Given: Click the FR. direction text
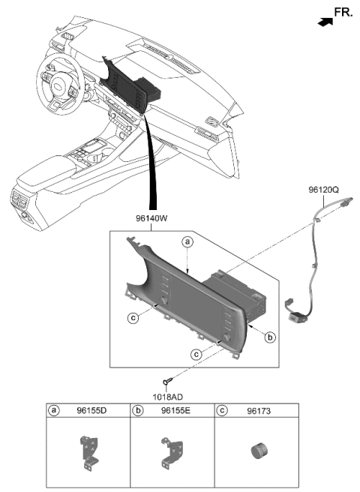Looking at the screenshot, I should [x=343, y=13].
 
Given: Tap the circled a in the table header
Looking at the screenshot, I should [x=54, y=411].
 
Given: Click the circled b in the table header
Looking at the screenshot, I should [x=138, y=411].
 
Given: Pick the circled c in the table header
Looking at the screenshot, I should [x=222, y=411].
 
